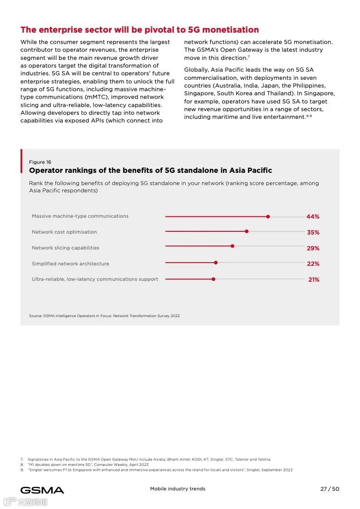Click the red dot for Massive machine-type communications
(268, 216)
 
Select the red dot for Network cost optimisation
(247, 231)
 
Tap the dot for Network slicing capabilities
(232, 246)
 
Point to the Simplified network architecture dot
(216, 262)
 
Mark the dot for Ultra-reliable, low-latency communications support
(213, 279)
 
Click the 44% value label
(313, 217)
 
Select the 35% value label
(313, 232)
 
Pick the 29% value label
(313, 248)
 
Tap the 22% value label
(313, 264)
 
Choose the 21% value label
(314, 279)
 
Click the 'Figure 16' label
(40, 162)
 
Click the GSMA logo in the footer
(42, 490)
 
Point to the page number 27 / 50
(330, 489)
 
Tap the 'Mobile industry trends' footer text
(178, 489)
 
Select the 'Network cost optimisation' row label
(64, 232)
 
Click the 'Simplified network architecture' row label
(70, 264)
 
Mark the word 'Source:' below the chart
(35, 316)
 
